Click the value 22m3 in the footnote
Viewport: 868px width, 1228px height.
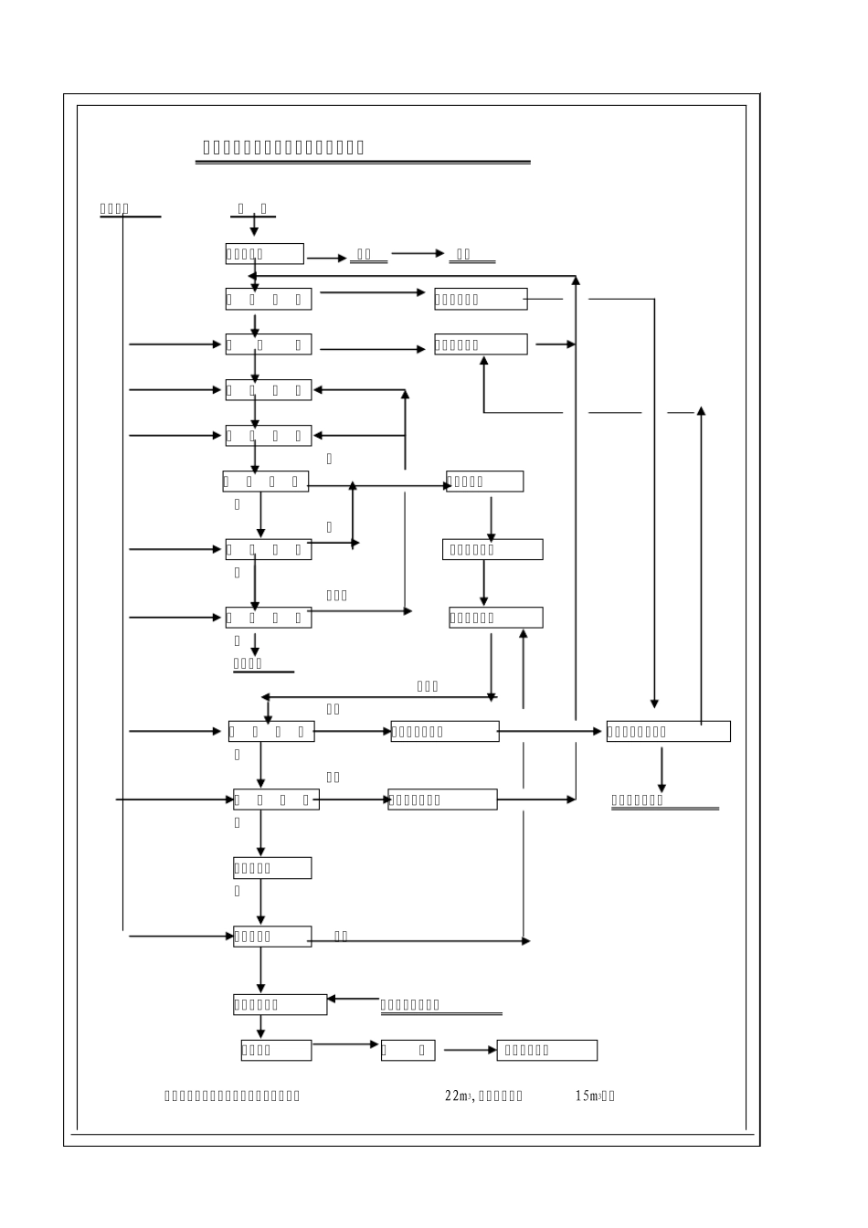click(457, 1096)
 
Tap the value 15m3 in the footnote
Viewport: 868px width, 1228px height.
click(587, 1096)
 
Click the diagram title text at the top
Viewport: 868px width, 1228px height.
click(283, 148)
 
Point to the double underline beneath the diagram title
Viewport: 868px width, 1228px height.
click(363, 163)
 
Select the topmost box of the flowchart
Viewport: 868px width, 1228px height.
click(264, 254)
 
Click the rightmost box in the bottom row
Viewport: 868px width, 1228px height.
click(546, 1050)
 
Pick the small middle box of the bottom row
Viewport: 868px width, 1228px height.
click(408, 1050)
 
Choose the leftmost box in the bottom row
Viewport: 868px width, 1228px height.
click(276, 1050)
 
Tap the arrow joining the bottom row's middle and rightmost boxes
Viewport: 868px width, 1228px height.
click(470, 1050)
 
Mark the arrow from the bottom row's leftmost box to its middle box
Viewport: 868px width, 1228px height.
click(345, 1044)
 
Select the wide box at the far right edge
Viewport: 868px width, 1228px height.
click(668, 731)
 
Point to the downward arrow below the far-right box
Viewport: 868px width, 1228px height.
click(662, 769)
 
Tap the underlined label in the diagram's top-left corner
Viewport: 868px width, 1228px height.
click(116, 209)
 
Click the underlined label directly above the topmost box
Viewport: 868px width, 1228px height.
click(252, 209)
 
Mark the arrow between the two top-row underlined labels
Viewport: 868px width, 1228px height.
click(418, 254)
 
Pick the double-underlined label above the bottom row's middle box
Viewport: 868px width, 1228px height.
click(440, 1006)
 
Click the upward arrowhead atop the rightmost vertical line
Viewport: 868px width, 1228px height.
click(701, 412)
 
